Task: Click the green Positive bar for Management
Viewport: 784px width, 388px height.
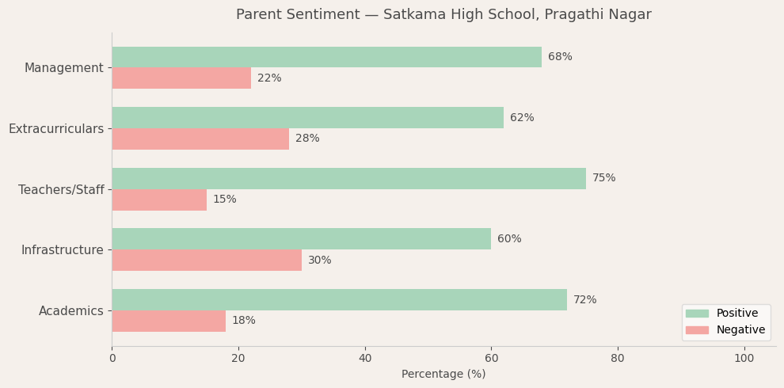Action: point(326,57)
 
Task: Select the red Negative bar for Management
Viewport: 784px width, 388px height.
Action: point(181,78)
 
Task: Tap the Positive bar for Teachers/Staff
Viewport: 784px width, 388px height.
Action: point(348,178)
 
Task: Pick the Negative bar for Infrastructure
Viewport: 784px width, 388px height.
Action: point(207,261)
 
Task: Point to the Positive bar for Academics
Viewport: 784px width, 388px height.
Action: point(339,300)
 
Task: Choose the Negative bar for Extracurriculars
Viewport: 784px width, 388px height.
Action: point(200,139)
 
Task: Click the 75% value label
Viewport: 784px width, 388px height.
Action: point(603,178)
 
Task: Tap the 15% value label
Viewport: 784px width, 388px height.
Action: point(224,200)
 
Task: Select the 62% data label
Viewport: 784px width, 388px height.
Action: point(522,118)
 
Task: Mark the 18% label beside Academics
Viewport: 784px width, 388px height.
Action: point(243,321)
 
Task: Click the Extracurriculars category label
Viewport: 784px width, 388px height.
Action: point(56,128)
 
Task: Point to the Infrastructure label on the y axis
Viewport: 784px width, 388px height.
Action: point(63,250)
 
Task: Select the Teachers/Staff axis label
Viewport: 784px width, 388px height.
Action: point(61,189)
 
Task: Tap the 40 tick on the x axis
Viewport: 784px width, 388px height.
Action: point(364,359)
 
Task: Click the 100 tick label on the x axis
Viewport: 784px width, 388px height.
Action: point(744,359)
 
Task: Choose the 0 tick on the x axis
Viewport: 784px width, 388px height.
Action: point(112,359)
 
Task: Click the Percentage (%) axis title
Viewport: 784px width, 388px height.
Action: point(443,375)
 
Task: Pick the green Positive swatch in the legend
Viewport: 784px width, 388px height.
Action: point(697,314)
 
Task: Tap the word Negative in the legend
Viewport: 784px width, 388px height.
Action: point(740,330)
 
